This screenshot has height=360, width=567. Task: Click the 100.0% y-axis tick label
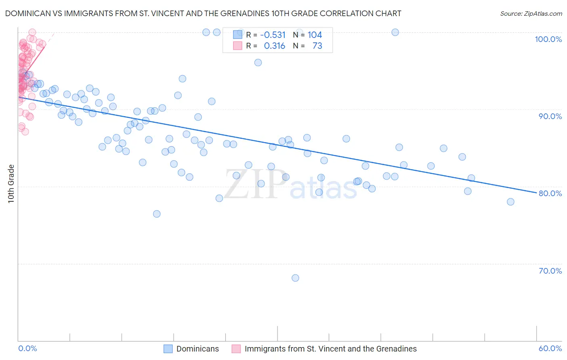(x=548, y=39)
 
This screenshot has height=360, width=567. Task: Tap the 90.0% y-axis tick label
(x=550, y=116)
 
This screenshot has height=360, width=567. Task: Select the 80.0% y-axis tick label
(x=550, y=193)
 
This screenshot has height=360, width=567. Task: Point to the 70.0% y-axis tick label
(x=550, y=271)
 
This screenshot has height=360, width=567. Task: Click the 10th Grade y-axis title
(x=11, y=184)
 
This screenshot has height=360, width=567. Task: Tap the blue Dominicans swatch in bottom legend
(x=168, y=349)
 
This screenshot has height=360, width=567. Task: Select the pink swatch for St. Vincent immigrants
(x=236, y=349)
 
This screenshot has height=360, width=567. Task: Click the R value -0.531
(x=273, y=35)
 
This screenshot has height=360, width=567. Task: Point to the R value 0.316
(x=274, y=46)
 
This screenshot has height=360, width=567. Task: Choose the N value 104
(x=315, y=35)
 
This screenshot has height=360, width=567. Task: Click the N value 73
(x=317, y=46)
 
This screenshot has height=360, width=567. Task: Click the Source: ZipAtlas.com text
(x=531, y=14)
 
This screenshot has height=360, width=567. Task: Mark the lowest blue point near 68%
(x=295, y=278)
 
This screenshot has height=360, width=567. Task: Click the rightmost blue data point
(x=511, y=202)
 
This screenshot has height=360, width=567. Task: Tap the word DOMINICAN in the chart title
(x=26, y=14)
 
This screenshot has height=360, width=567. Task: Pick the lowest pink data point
(x=25, y=132)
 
